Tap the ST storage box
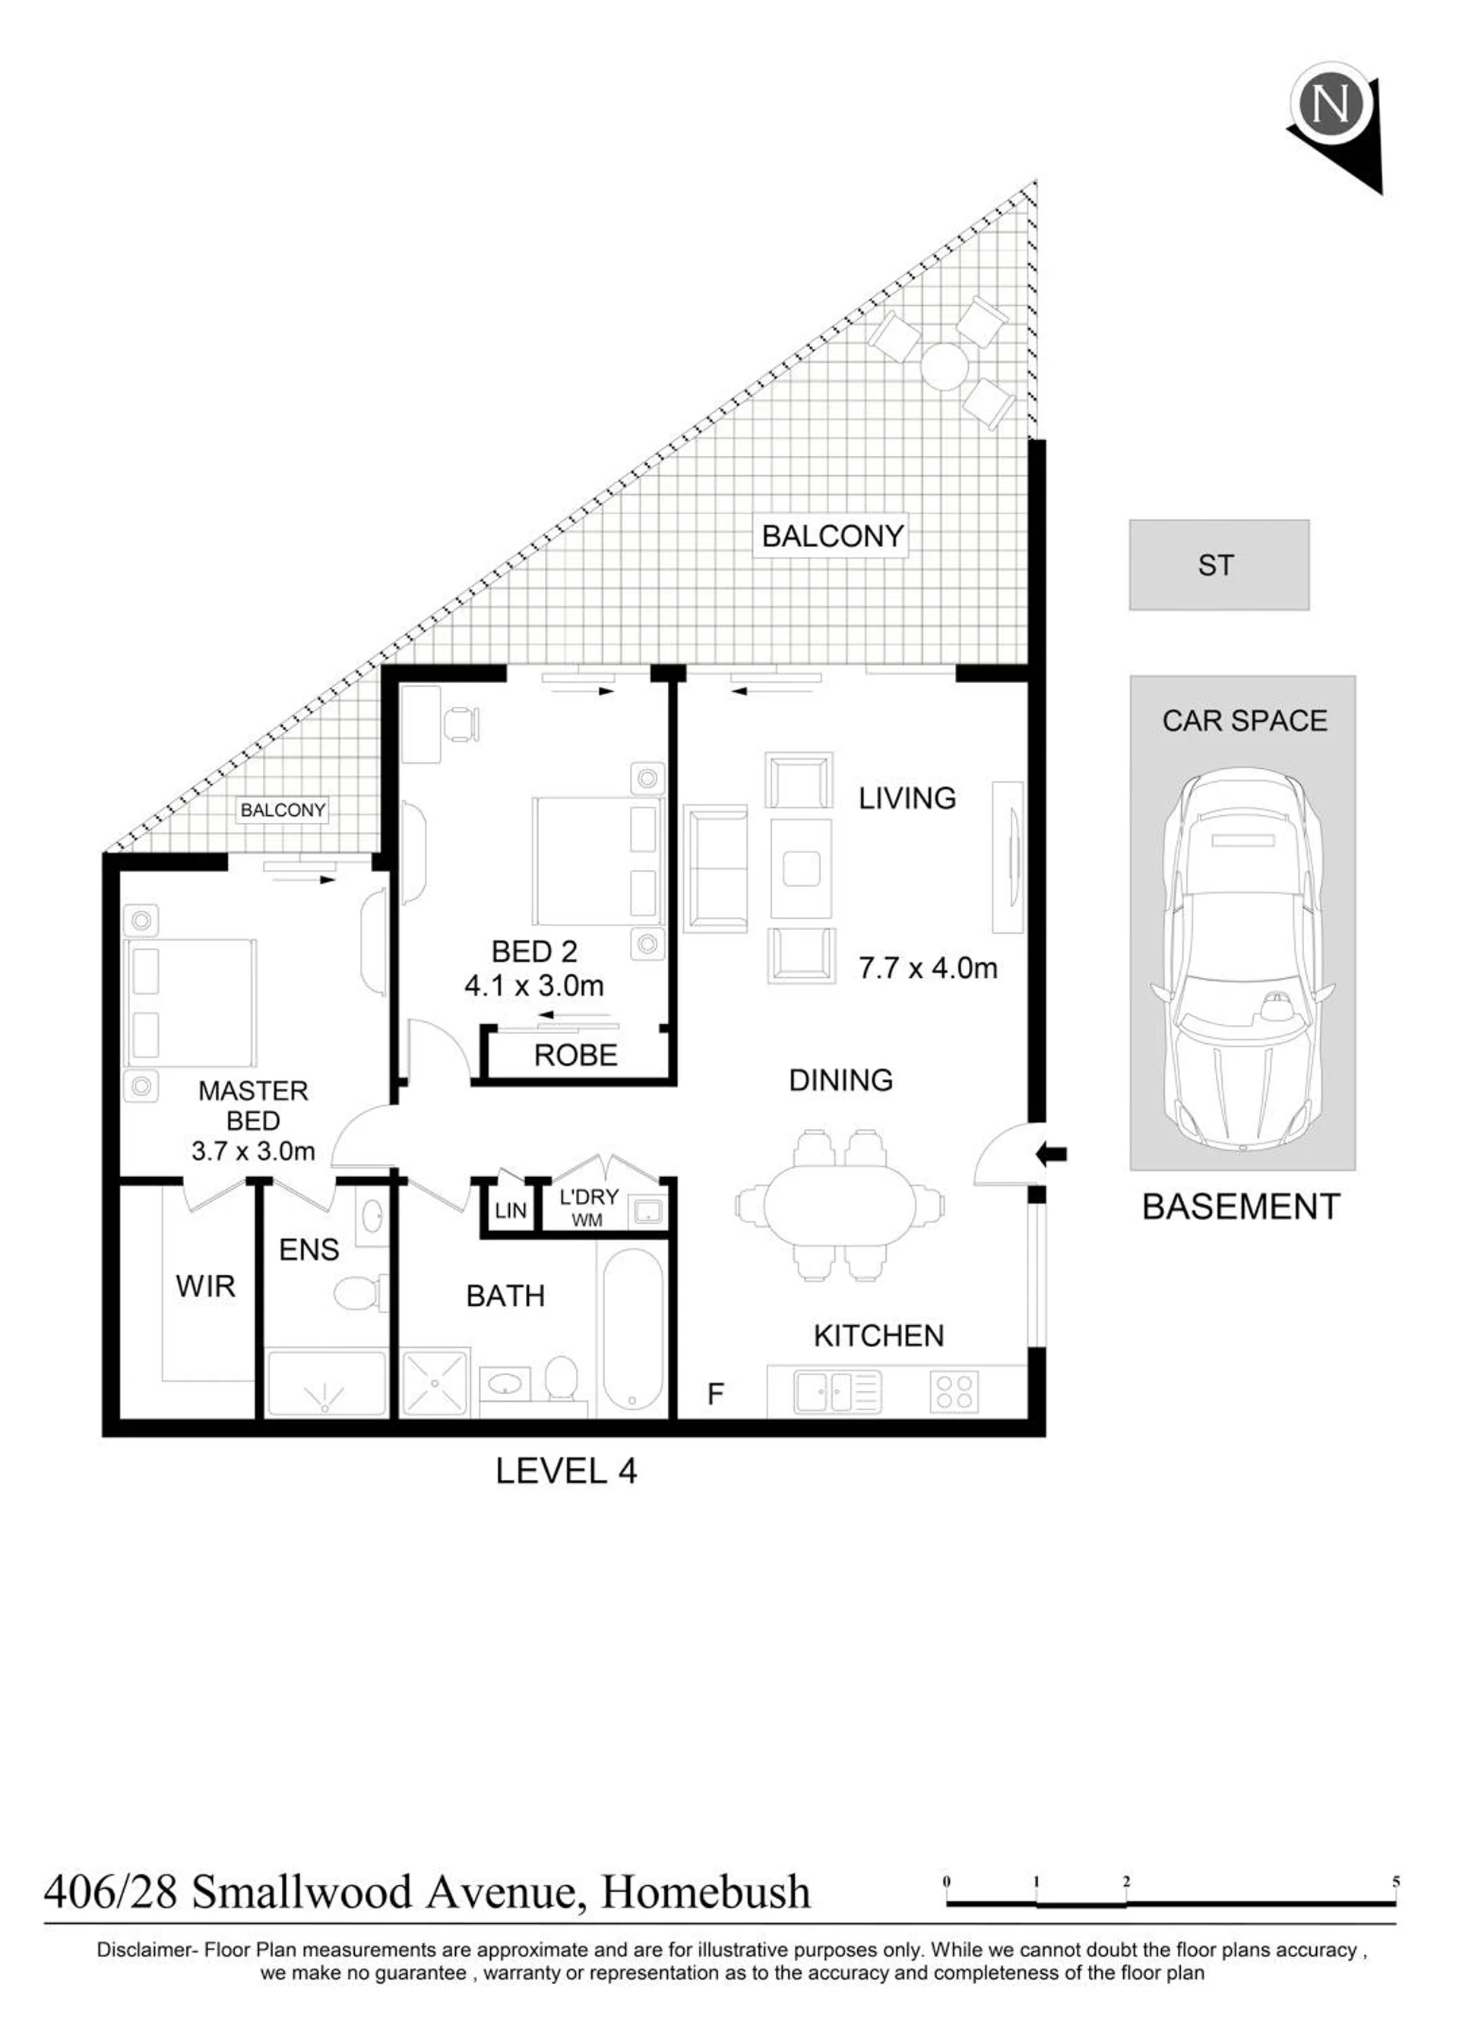click(x=1219, y=565)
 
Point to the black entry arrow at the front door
click(x=1051, y=1154)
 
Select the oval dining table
click(x=840, y=1205)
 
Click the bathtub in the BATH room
click(x=633, y=1330)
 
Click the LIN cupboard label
click(x=511, y=1211)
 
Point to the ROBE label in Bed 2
click(x=575, y=1055)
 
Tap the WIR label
click(x=205, y=1286)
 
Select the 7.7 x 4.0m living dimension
click(x=928, y=967)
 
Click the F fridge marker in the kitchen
click(x=715, y=1393)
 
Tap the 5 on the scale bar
click(x=1396, y=1882)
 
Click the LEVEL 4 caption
click(x=566, y=1471)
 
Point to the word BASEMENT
click(x=1241, y=1206)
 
